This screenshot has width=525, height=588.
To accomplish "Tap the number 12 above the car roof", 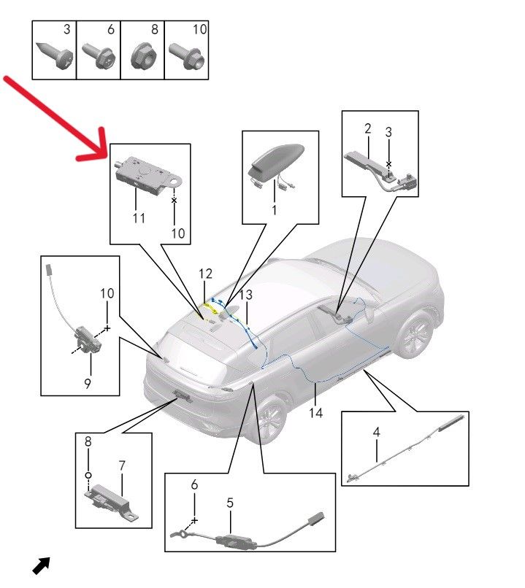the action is (x=205, y=274).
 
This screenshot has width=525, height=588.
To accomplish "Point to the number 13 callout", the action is (x=246, y=295).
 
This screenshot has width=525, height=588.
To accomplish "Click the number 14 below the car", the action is (x=315, y=412).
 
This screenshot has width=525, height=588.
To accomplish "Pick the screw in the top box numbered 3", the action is (x=55, y=55).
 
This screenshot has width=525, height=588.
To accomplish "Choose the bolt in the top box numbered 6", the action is (x=100, y=56).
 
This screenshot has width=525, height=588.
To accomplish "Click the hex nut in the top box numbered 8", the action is (x=144, y=56).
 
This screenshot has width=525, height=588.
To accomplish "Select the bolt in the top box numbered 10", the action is (x=187, y=56).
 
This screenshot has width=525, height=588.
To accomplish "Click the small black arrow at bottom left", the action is (x=41, y=565).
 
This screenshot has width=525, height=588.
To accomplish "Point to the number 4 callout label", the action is (x=376, y=432).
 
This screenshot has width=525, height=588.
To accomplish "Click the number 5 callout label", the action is (x=230, y=503).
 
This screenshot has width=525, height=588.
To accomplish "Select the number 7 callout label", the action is (x=122, y=465).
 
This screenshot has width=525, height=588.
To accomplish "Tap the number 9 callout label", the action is (x=88, y=383).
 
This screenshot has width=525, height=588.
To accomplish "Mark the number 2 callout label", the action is (x=368, y=128).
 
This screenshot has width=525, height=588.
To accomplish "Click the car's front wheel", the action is (x=415, y=333).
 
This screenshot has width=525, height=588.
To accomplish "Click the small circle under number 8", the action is (x=88, y=475).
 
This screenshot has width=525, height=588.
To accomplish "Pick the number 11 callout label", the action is (x=139, y=218).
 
